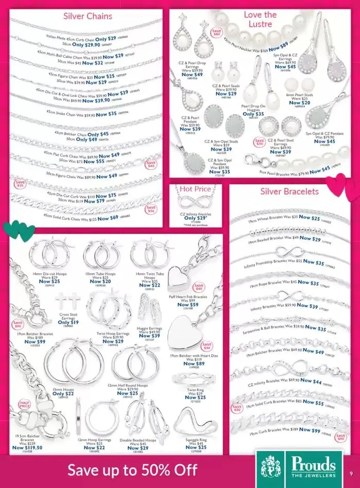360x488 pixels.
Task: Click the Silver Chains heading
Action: pyautogui.click(x=87, y=16)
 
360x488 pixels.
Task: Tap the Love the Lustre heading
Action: pyautogui.click(x=260, y=19)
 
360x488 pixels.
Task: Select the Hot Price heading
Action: pyautogui.click(x=196, y=189)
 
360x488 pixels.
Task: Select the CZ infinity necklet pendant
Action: pyautogui.click(x=196, y=202)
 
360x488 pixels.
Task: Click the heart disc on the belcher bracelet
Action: pyautogui.click(x=184, y=329)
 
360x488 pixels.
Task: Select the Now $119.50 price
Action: pyautogui.click(x=27, y=448)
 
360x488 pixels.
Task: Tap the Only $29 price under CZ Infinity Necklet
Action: pyautogui.click(x=196, y=218)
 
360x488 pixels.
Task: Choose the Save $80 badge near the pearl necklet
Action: pyautogui.click(x=217, y=33)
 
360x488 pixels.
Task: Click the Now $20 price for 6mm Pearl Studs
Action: pyautogui.click(x=299, y=102)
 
